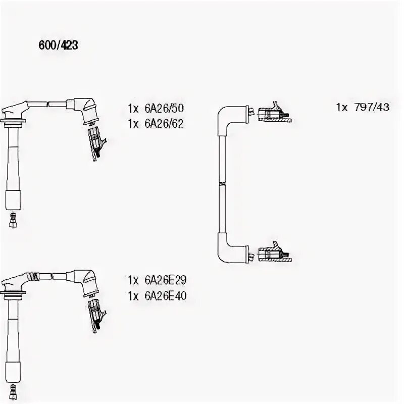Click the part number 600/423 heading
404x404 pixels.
click(x=58, y=45)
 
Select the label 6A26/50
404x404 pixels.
click(x=164, y=108)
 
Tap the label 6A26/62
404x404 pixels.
click(x=164, y=123)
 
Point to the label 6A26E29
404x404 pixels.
click(x=165, y=280)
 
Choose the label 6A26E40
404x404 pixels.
click(x=165, y=296)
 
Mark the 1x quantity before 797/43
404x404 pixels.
click(x=342, y=108)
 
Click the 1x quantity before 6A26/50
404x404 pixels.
click(x=133, y=108)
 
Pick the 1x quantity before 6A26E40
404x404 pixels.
click(x=133, y=296)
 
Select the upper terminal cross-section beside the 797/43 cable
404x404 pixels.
click(x=273, y=114)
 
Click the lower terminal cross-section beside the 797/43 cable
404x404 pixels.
click(x=273, y=253)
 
